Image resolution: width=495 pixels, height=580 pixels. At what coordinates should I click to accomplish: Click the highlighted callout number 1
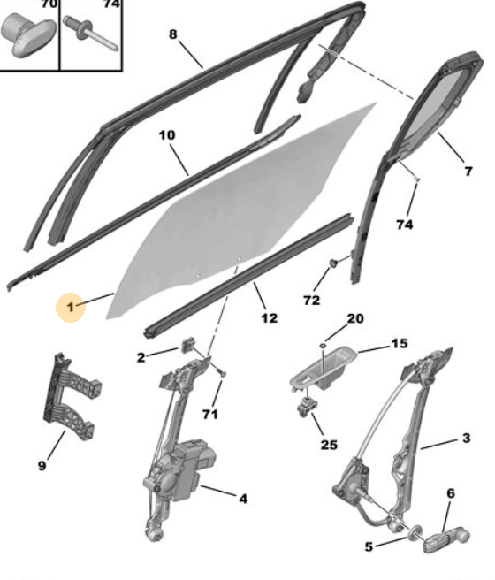pyautogui.click(x=70, y=307)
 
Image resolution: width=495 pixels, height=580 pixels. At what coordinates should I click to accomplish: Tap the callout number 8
pyautogui.click(x=173, y=34)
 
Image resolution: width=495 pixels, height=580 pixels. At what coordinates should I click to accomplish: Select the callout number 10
pyautogui.click(x=167, y=135)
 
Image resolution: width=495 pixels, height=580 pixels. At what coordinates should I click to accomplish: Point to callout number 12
pyautogui.click(x=269, y=318)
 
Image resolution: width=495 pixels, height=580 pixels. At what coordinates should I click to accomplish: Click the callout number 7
pyautogui.click(x=468, y=172)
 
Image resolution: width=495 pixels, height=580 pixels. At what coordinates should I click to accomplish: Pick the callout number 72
pyautogui.click(x=311, y=301)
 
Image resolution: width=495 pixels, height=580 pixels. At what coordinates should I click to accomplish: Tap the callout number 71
pyautogui.click(x=210, y=415)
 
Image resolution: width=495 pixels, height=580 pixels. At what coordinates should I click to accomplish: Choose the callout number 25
pyautogui.click(x=329, y=445)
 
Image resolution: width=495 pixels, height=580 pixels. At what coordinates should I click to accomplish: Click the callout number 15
pyautogui.click(x=400, y=344)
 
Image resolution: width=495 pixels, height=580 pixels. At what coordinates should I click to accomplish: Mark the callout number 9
pyautogui.click(x=42, y=465)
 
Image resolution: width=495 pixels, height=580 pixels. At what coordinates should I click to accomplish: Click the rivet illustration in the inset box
pyautogui.click(x=90, y=34)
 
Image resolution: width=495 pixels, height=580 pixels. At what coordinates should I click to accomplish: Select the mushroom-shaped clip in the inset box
pyautogui.click(x=28, y=34)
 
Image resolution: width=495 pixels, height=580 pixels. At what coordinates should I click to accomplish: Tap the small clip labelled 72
pyautogui.click(x=333, y=263)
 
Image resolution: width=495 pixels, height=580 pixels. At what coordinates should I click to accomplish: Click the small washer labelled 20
pyautogui.click(x=323, y=345)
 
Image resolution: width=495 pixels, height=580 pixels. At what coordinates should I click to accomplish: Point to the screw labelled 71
pyautogui.click(x=222, y=373)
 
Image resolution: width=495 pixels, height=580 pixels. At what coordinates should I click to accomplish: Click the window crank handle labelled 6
pyautogui.click(x=446, y=540)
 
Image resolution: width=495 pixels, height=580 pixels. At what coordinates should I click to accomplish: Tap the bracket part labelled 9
pyautogui.click(x=72, y=396)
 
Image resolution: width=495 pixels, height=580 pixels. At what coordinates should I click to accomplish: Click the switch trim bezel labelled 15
pyautogui.click(x=323, y=369)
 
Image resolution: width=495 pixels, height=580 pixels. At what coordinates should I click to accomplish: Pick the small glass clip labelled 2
pyautogui.click(x=188, y=345)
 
